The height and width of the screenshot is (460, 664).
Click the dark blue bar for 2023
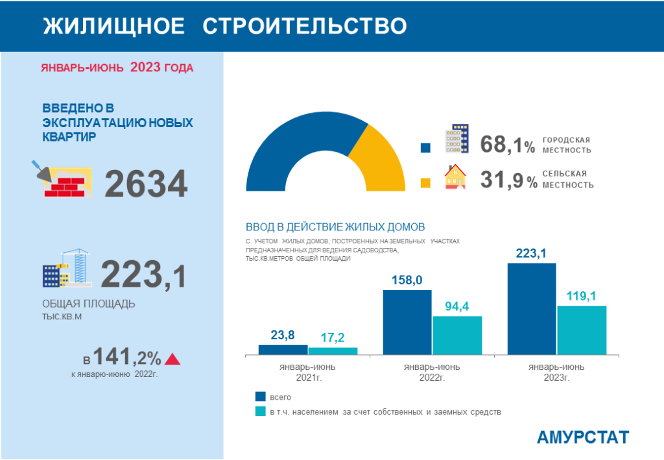(531, 309)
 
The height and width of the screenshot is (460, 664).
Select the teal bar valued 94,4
(457, 335)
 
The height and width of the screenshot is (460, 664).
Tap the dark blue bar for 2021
(283, 350)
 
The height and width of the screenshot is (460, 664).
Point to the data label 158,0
(407, 280)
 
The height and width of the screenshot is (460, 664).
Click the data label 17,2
(333, 337)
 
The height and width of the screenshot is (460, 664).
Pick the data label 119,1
(581, 297)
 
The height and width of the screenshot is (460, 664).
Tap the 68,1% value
(508, 145)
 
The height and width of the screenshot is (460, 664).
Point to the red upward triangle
(172, 359)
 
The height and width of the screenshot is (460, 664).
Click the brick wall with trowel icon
(62, 179)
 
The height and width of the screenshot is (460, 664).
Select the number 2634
(146, 184)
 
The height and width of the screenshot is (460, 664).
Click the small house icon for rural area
(456, 176)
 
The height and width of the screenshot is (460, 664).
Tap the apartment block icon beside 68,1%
(456, 139)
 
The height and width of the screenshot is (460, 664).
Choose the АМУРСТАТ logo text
(582, 437)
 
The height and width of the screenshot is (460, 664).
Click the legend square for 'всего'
(261, 396)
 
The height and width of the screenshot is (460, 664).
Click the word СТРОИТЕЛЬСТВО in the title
(305, 25)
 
